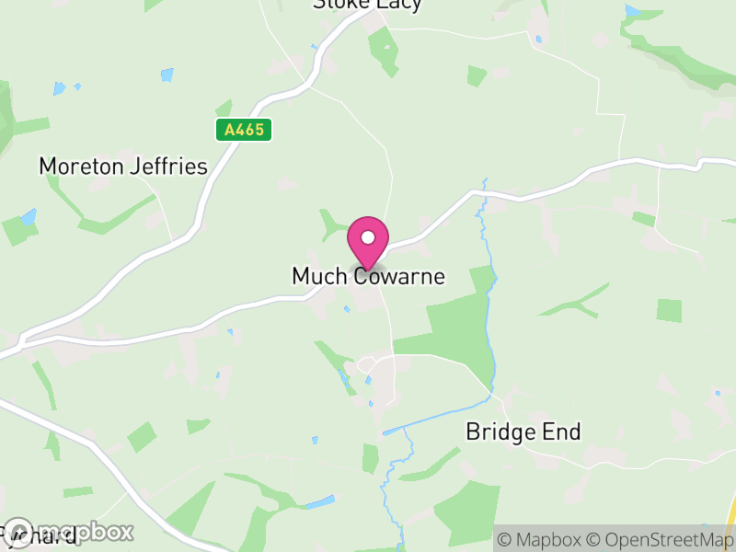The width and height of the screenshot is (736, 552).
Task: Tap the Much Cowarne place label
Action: click(x=368, y=276)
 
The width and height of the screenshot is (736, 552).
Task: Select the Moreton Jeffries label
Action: click(x=123, y=166)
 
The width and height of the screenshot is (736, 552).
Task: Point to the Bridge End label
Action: click(x=523, y=431)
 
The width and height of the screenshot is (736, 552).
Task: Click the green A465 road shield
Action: click(x=244, y=130)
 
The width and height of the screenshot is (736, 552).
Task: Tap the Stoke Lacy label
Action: click(x=367, y=5)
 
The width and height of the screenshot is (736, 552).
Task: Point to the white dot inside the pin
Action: click(x=367, y=237)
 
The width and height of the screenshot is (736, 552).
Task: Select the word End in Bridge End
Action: click(x=563, y=431)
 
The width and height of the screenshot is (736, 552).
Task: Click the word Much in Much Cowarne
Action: click(x=317, y=276)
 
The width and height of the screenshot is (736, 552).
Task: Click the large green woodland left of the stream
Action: click(x=455, y=322)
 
